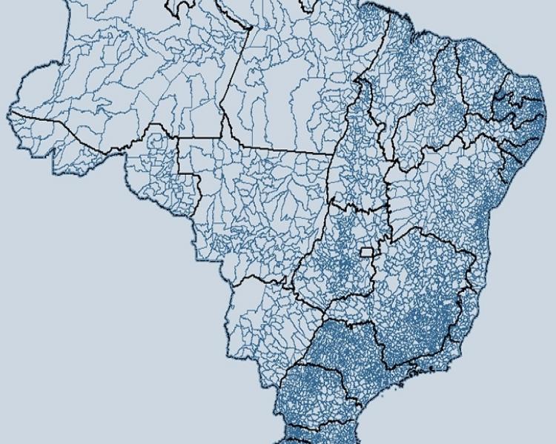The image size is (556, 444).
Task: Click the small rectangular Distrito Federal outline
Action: pos(366,252)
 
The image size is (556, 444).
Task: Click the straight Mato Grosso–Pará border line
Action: pos(282,148)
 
